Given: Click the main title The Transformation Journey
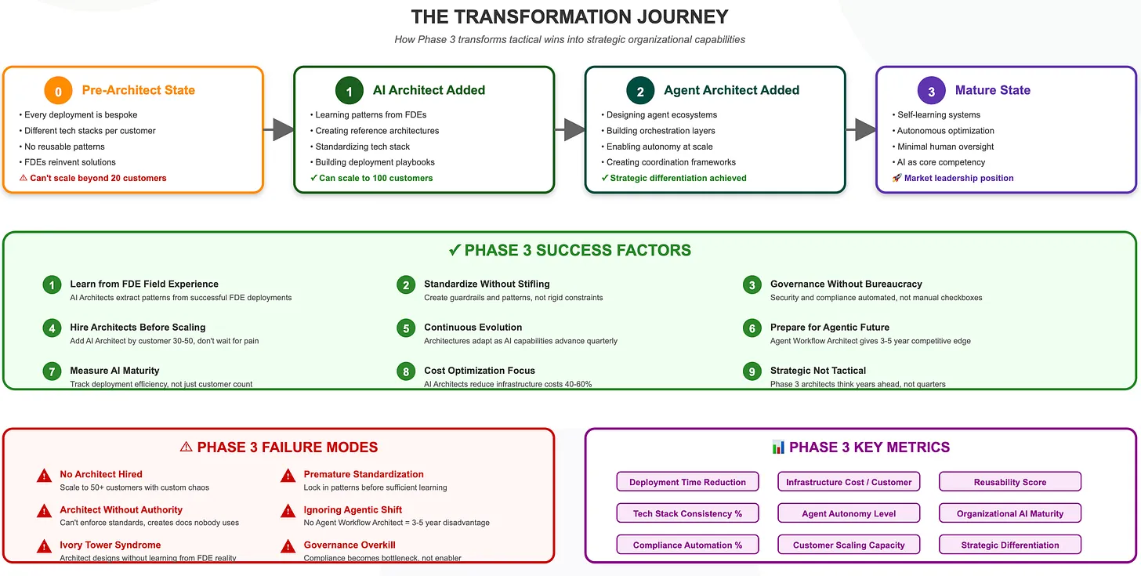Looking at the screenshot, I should click(570, 16).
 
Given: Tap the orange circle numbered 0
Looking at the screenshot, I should click(58, 91).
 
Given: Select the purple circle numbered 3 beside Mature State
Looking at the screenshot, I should click(931, 91).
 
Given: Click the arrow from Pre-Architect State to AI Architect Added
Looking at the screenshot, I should click(279, 129).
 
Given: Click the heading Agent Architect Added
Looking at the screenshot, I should click(731, 90).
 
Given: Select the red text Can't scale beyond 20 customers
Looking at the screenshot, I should click(98, 178).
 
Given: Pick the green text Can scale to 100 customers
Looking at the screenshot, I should click(375, 178).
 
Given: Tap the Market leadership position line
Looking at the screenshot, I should click(958, 178).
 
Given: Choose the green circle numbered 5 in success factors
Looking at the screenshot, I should click(406, 328).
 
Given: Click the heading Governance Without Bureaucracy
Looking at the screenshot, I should click(846, 284).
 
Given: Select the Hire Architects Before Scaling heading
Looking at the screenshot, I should click(138, 327).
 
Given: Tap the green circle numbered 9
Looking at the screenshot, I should click(752, 371).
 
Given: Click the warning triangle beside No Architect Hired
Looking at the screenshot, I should click(45, 476).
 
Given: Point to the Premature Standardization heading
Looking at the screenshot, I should click(364, 474).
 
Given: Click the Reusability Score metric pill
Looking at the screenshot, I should click(1009, 482).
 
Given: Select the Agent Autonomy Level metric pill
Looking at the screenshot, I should click(849, 513).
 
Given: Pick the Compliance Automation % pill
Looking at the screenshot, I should click(687, 545).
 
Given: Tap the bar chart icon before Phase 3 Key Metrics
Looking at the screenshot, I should click(778, 447).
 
